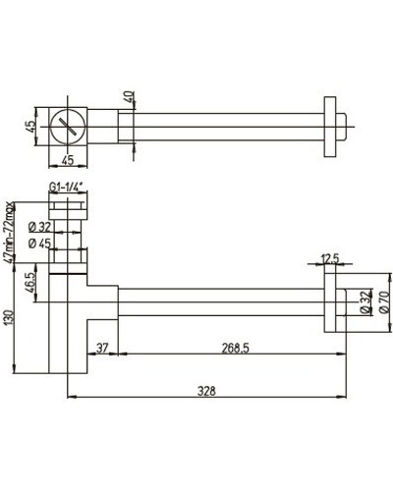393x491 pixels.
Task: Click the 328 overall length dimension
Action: point(205,391)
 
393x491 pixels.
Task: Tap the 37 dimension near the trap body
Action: point(101,347)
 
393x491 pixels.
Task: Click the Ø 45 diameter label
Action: point(40,243)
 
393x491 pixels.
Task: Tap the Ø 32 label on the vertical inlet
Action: point(40,226)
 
